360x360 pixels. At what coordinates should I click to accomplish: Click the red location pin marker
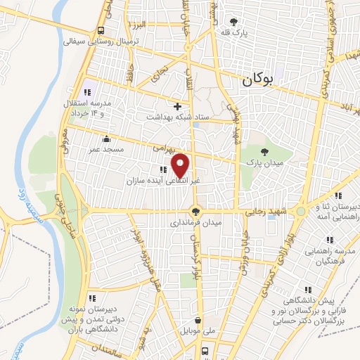tap(181, 165)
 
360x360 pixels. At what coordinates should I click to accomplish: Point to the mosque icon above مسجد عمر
tap(105, 138)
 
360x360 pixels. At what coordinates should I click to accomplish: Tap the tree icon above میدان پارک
tap(264, 152)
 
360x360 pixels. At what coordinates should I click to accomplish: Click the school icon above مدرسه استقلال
tap(88, 91)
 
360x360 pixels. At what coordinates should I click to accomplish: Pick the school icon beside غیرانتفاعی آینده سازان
tap(163, 169)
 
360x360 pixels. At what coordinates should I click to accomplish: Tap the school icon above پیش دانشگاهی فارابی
tap(307, 289)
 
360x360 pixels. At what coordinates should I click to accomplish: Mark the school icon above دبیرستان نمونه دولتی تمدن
tap(92, 299)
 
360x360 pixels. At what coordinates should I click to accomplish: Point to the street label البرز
tap(139, 24)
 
